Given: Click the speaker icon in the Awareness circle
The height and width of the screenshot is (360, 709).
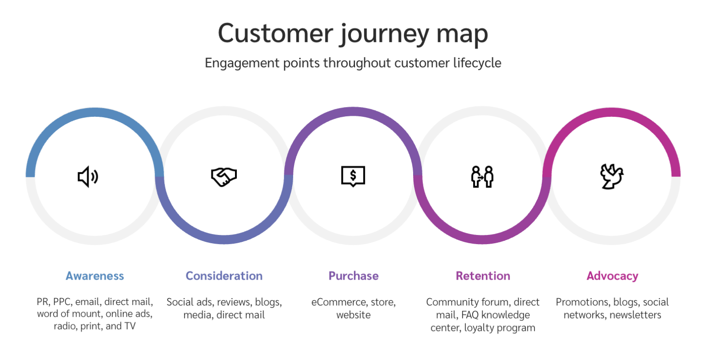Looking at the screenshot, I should [88, 177].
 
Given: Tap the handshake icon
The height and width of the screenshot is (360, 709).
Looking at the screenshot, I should [223, 177].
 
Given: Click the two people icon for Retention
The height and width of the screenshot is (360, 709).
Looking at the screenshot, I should [482, 177].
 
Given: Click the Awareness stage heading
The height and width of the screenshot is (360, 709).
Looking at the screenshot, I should [95, 276].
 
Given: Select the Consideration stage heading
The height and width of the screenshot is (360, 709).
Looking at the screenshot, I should [224, 276].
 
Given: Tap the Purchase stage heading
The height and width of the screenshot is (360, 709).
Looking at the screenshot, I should [353, 276].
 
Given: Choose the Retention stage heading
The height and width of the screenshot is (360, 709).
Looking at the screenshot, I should [483, 276].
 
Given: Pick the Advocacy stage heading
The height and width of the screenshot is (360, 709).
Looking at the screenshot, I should [612, 276].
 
